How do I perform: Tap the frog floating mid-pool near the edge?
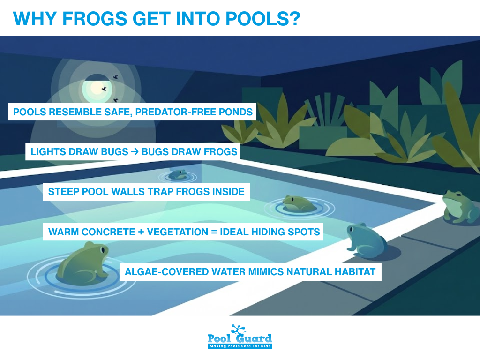pyautogui.click(x=298, y=203)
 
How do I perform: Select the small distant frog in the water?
pyautogui.click(x=178, y=174)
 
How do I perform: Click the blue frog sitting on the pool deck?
pyautogui.click(x=364, y=240)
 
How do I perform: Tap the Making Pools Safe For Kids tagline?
pyautogui.click(x=240, y=346)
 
